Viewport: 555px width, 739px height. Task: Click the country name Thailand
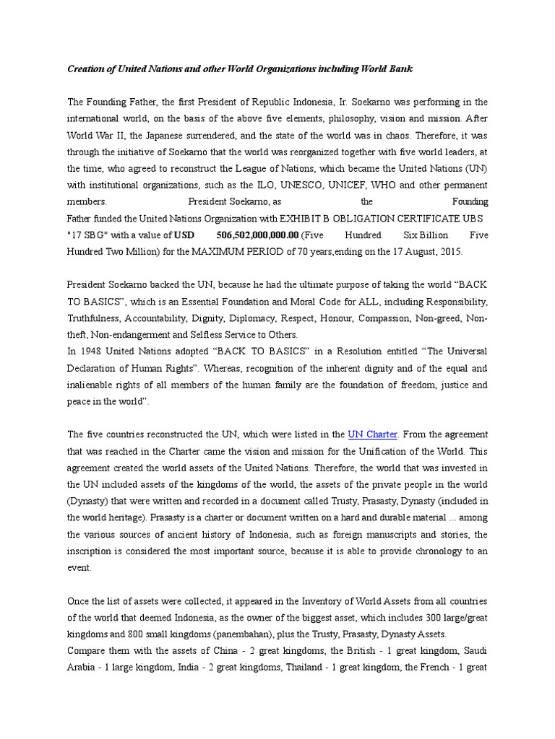click(321, 666)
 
